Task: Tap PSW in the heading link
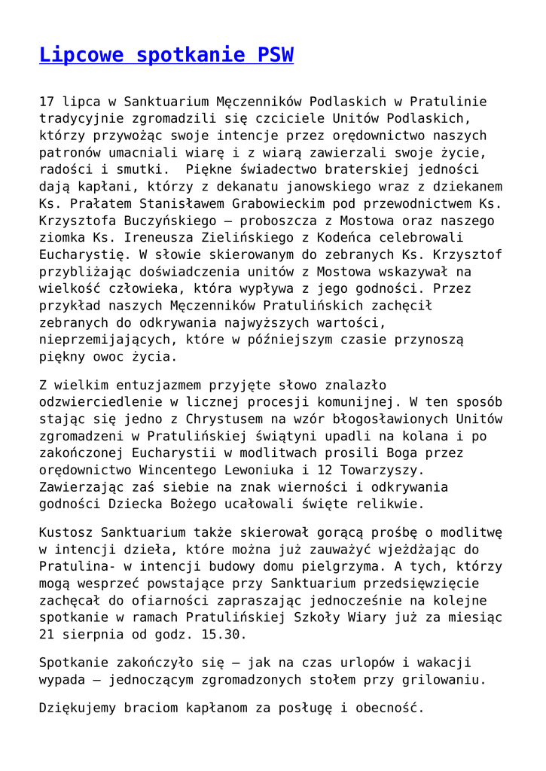(x=276, y=55)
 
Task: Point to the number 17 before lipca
(x=47, y=102)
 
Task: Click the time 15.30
(x=224, y=635)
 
